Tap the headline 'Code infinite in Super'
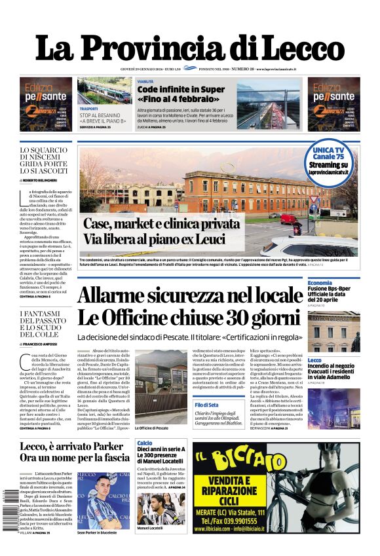pos(181,89)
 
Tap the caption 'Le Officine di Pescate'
pos(153,428)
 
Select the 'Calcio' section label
pos(145,443)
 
